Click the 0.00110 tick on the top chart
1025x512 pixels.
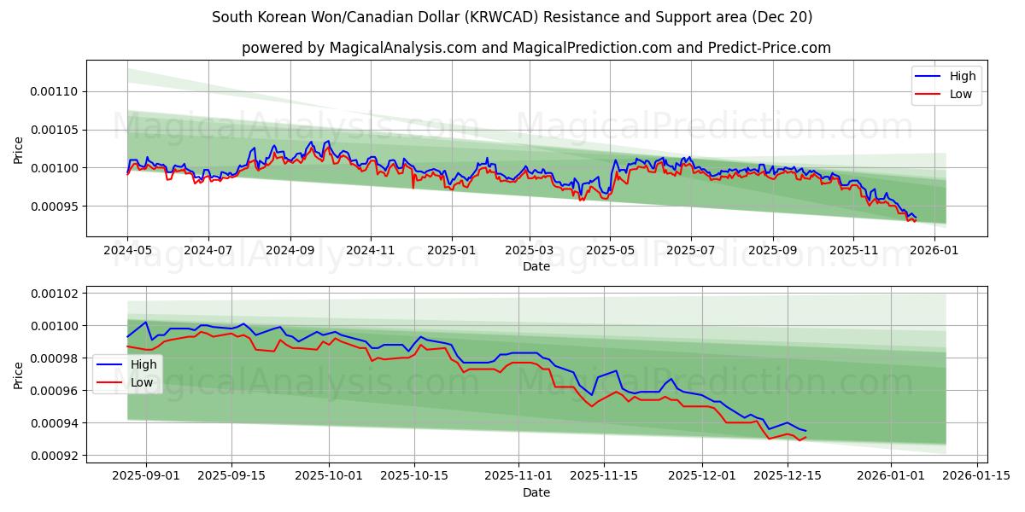pyautogui.click(x=54, y=91)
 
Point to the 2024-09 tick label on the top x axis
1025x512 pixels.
pyautogui.click(x=290, y=251)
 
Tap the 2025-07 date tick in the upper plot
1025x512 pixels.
pyautogui.click(x=690, y=251)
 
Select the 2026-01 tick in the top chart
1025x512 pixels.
pyautogui.click(x=934, y=251)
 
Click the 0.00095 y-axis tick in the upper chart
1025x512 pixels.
pyautogui.click(x=54, y=207)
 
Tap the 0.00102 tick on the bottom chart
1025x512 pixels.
pyautogui.click(x=54, y=294)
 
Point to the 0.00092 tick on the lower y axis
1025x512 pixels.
pyautogui.click(x=54, y=456)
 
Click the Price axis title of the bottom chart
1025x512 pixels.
pyautogui.click(x=19, y=375)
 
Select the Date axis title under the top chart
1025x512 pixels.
pyautogui.click(x=536, y=266)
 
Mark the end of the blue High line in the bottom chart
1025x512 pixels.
pyautogui.click(x=805, y=431)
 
